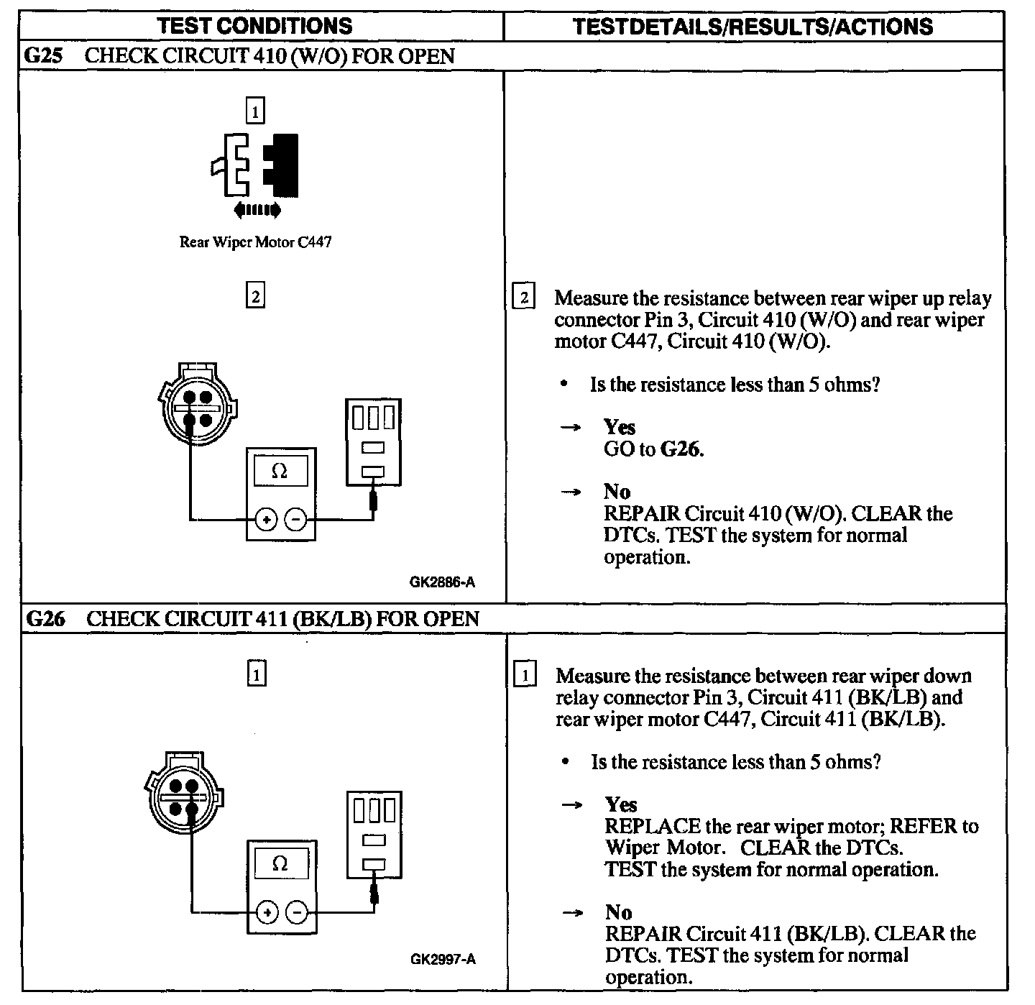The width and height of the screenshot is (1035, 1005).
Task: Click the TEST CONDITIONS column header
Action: click(x=255, y=27)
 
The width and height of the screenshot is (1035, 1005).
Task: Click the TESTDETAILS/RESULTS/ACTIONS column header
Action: click(x=753, y=27)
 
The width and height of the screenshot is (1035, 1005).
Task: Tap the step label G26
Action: click(x=45, y=619)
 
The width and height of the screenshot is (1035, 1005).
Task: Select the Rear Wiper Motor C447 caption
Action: click(x=255, y=242)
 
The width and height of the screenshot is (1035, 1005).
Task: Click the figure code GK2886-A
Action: click(x=443, y=582)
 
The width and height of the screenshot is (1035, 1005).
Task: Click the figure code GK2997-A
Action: click(x=443, y=959)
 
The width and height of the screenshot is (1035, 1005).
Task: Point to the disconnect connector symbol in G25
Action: click(x=255, y=165)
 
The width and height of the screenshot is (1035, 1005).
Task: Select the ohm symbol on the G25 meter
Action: click(x=280, y=472)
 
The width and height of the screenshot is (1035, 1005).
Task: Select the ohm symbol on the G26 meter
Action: click(x=280, y=863)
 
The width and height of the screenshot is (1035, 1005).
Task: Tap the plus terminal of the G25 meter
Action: click(x=266, y=519)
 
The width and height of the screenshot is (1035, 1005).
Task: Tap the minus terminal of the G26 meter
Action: click(x=296, y=912)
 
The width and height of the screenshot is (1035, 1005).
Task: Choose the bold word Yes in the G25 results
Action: click(x=620, y=428)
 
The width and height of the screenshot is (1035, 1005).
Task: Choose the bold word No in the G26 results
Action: click(x=618, y=912)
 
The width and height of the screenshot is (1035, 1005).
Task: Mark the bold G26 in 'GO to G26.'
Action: click(x=681, y=450)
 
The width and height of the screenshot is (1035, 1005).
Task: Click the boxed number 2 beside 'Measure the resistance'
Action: click(x=523, y=298)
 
